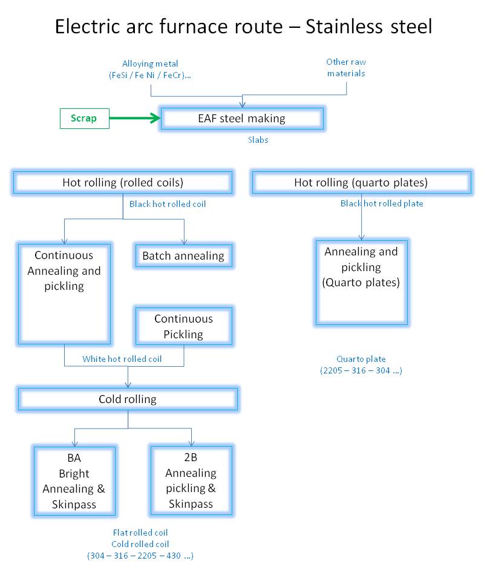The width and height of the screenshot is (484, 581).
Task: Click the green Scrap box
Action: click(x=85, y=119)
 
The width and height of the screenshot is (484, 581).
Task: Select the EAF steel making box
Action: click(x=242, y=119)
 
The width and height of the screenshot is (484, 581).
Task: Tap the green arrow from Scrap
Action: click(x=135, y=118)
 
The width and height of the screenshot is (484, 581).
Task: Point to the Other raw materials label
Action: click(x=346, y=67)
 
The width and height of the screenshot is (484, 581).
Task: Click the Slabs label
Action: click(x=258, y=140)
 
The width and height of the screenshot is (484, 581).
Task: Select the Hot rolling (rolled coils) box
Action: click(x=123, y=182)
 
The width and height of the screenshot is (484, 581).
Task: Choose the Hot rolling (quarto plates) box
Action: click(x=361, y=182)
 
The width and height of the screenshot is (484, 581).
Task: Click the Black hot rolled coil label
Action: click(x=168, y=204)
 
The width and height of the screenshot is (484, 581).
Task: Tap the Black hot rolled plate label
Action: click(x=382, y=203)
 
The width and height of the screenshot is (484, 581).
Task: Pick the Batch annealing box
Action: click(x=184, y=255)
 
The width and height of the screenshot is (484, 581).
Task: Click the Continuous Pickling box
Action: click(x=184, y=326)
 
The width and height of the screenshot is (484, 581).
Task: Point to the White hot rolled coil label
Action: click(x=122, y=359)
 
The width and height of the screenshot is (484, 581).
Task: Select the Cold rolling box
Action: click(x=128, y=399)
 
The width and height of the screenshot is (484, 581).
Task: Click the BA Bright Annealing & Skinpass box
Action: click(x=74, y=481)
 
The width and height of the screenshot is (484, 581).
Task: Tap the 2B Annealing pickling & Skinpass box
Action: click(x=191, y=481)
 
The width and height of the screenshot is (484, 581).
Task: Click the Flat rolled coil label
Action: click(x=140, y=533)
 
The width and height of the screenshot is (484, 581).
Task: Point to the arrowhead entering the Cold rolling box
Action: click(x=128, y=386)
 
